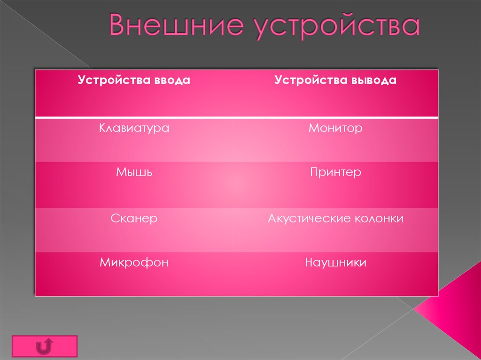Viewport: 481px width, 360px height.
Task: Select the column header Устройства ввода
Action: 134,80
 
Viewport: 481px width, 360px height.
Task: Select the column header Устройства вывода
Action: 335,80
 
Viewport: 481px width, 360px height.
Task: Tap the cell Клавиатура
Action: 134,128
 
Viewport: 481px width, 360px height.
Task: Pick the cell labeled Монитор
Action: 335,128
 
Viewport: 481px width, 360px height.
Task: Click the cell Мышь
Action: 134,172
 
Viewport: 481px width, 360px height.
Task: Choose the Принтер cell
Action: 335,172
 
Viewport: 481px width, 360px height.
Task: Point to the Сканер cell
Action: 134,218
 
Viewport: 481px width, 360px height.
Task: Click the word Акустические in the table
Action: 308,218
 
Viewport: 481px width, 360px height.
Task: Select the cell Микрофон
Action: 134,262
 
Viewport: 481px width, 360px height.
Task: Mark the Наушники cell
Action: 335,262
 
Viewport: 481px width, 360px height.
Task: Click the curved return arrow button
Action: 44,346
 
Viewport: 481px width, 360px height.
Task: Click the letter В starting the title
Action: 119,27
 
